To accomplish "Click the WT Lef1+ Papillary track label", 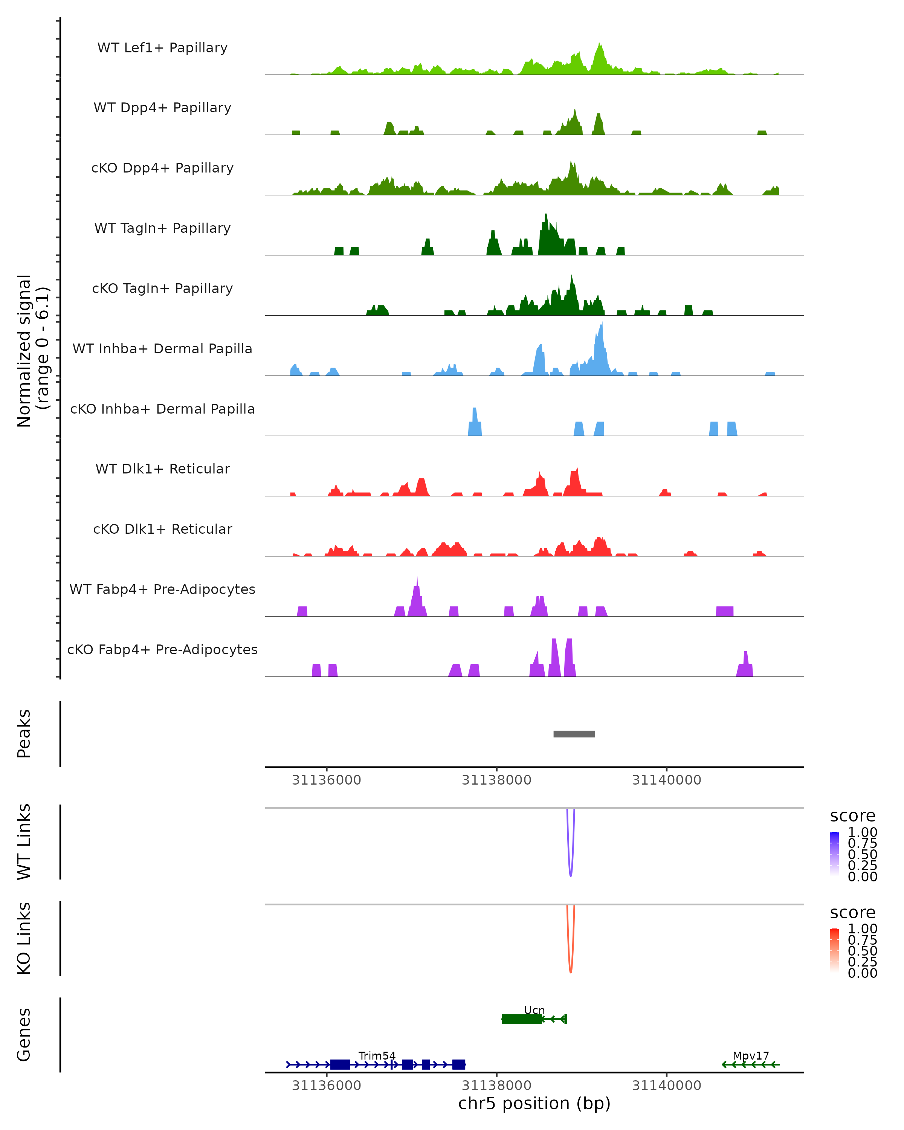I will [162, 48].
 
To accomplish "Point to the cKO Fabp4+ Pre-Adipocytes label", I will [162, 649].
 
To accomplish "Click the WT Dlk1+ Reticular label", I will [162, 469].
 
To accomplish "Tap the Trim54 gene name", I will [377, 1055].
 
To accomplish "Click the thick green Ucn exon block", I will [521, 1019].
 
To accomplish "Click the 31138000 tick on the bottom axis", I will [496, 1086].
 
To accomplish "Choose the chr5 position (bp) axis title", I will [534, 1104].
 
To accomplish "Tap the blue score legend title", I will [852, 815].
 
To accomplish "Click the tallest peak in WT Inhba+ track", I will [602, 326].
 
